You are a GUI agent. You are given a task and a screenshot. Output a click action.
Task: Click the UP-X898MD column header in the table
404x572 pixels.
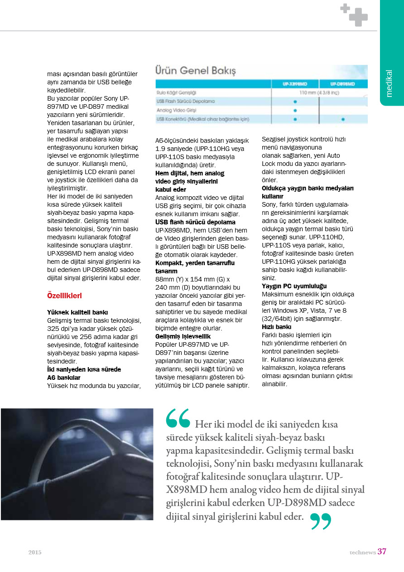click(294, 84)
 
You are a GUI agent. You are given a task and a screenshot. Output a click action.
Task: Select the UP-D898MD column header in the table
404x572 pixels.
click(342, 84)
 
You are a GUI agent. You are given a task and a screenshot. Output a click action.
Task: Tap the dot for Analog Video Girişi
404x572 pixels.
click(295, 110)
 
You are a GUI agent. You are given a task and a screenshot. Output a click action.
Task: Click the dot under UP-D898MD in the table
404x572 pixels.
click(343, 119)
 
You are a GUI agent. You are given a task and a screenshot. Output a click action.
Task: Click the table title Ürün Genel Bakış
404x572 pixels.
click(196, 71)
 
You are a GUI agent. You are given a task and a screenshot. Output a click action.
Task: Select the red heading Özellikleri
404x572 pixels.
click(64, 296)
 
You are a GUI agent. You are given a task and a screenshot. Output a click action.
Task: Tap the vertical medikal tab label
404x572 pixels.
click(389, 83)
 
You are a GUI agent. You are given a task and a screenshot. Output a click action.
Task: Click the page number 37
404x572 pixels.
click(382, 552)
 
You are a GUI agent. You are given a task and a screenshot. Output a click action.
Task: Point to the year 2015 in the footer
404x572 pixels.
click(35, 553)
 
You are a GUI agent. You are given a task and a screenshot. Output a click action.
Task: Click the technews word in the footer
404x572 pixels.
click(362, 553)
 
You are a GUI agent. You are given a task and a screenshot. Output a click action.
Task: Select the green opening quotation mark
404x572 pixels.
click(178, 419)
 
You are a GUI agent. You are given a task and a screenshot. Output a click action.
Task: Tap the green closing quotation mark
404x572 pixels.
click(321, 521)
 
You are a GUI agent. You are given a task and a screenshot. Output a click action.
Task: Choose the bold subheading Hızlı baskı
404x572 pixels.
click(276, 326)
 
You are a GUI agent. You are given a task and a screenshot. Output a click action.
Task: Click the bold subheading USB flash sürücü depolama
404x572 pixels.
click(195, 222)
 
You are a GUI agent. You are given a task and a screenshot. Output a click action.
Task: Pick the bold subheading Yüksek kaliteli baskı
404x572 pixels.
click(77, 312)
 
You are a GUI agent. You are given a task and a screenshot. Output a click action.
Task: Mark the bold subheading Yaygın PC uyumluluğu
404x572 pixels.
click(294, 286)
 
